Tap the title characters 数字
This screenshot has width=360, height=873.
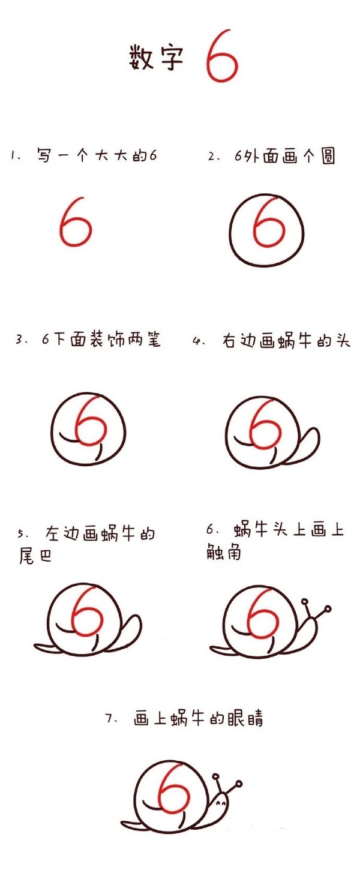click(x=156, y=58)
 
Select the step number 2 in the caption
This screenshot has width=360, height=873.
click(x=212, y=157)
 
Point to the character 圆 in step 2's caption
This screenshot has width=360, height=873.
click(x=328, y=156)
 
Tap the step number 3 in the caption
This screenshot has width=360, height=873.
click(x=19, y=340)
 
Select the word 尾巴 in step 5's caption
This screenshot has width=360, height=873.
click(x=35, y=556)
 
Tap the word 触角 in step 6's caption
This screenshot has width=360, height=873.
click(x=224, y=552)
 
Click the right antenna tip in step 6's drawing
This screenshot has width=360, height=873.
click(x=328, y=608)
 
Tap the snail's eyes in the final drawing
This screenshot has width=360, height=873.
click(x=221, y=803)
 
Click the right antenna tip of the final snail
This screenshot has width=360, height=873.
click(x=239, y=784)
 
